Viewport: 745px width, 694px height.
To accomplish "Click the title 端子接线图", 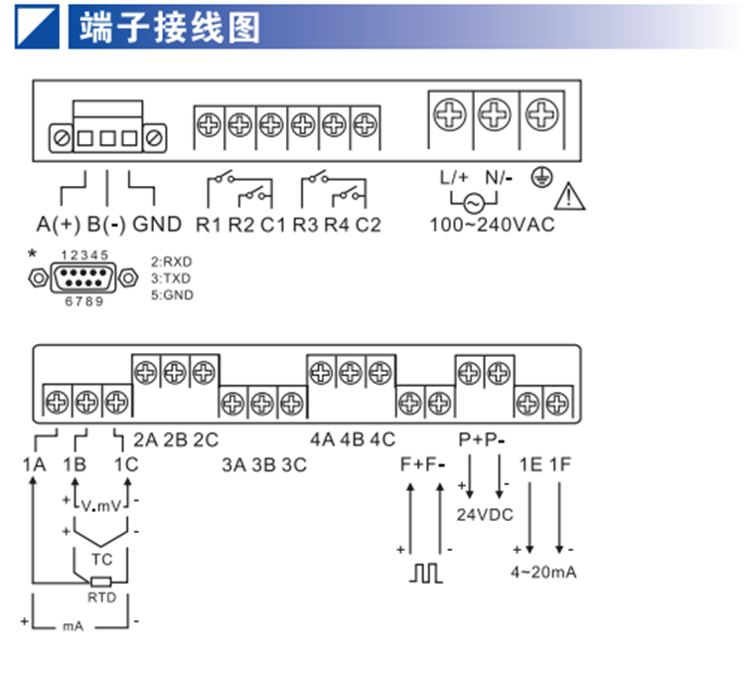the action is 170,28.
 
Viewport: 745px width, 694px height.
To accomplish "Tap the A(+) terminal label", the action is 59,225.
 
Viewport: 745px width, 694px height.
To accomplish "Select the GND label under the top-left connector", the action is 157,224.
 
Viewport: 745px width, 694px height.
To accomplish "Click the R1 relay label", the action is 209,225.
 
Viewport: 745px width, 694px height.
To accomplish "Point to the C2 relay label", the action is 369,225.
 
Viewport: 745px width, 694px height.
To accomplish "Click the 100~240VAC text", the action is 492,225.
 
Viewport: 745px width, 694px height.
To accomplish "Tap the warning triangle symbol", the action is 569,196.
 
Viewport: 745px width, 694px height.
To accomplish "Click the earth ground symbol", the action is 541,177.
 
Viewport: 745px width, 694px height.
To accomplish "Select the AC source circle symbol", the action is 474,204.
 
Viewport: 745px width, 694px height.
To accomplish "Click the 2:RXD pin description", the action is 172,261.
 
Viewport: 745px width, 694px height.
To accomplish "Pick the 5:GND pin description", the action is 172,295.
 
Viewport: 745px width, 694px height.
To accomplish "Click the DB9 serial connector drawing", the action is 83,277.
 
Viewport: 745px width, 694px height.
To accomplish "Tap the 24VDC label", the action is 485,515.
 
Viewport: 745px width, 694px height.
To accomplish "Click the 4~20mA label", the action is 543,572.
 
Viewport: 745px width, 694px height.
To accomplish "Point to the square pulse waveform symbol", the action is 426,573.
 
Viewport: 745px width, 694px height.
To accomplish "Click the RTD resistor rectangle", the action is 101,582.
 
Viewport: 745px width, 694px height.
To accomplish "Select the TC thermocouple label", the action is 101,560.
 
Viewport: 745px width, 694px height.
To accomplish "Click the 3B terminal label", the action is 263,465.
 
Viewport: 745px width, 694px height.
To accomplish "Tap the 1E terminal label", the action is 530,464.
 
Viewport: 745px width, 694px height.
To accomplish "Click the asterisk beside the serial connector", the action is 32,254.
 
